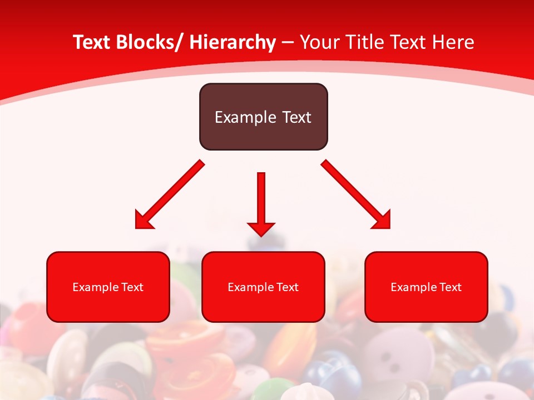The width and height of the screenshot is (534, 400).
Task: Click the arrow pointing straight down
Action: pyautogui.click(x=261, y=200)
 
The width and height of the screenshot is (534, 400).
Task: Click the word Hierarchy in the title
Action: pyautogui.click(x=233, y=42)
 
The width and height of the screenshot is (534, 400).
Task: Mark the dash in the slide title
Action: pyautogui.click(x=288, y=43)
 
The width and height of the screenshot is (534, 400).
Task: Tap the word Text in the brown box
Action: pyautogui.click(x=295, y=117)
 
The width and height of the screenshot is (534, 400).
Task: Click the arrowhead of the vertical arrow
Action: pyautogui.click(x=261, y=228)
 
